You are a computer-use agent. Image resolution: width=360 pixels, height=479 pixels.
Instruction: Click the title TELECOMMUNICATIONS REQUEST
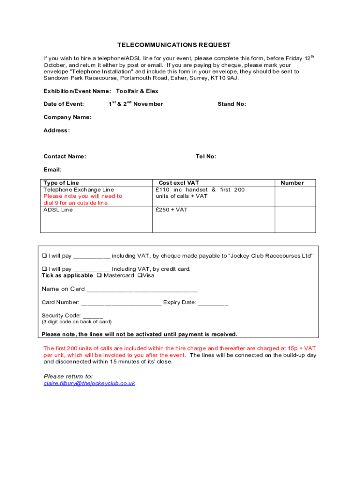pyautogui.click(x=173, y=45)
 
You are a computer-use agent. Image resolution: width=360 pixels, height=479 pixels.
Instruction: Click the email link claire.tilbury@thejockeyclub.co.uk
pyautogui.click(x=89, y=383)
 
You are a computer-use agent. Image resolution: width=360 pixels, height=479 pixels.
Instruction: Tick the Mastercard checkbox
pyautogui.click(x=99, y=276)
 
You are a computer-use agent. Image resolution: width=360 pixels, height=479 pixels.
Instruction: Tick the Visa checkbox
pyautogui.click(x=139, y=276)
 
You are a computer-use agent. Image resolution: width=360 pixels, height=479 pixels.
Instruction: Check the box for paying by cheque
pyautogui.click(x=44, y=256)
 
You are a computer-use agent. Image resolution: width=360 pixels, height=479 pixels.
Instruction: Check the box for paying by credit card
pyautogui.click(x=44, y=269)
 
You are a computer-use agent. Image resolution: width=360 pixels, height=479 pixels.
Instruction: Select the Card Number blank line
pyautogui.click(x=121, y=303)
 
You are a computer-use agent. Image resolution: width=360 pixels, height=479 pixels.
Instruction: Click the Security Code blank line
pyautogui.click(x=93, y=316)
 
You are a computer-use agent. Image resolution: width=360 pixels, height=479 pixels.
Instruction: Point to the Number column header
pyautogui.click(x=292, y=183)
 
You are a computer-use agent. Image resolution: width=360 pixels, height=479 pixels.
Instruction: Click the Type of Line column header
pyautogui.click(x=61, y=183)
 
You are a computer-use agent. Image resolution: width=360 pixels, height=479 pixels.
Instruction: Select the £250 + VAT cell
pyautogui.click(x=172, y=210)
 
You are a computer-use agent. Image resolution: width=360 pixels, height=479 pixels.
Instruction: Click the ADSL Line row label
pyautogui.click(x=58, y=210)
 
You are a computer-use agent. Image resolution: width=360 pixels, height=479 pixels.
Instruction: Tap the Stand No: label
pyautogui.click(x=231, y=104)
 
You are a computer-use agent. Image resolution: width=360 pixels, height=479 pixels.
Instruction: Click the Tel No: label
pyautogui.click(x=206, y=157)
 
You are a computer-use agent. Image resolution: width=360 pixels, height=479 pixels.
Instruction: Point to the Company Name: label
pyautogui.click(x=67, y=117)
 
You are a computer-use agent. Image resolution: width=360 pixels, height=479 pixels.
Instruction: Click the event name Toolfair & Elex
pyautogui.click(x=137, y=91)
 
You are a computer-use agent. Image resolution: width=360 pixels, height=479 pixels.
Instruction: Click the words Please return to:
pyautogui.click(x=68, y=376)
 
